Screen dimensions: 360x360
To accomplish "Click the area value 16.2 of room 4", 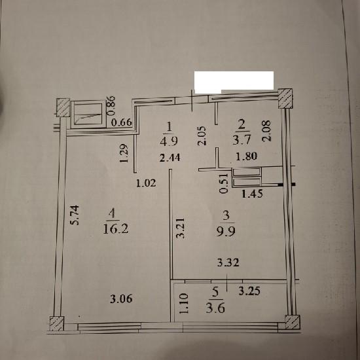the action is pos(116,228).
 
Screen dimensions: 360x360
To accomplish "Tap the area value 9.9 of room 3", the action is pos(226,231).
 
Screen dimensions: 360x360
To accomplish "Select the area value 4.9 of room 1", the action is pos(169,141).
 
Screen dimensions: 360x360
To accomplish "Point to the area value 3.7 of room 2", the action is pos(242,139).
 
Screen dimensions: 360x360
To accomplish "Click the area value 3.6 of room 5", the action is pos(215,308).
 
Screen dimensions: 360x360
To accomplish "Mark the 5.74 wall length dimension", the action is pos(75,215).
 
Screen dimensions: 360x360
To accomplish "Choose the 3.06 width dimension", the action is pos(121,298).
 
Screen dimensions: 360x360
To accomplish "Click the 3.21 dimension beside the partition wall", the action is pos(180,228).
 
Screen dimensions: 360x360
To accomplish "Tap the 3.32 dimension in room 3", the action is pos(228,262).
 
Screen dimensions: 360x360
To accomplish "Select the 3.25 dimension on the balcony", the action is pos(249,291).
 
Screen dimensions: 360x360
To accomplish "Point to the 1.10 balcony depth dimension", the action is pos(184,303).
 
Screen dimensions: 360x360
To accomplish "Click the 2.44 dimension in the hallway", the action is pos(170,158).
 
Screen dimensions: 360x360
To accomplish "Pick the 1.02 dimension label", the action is pos(146,183).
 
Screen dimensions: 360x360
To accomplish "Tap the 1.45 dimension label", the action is pos(252,194).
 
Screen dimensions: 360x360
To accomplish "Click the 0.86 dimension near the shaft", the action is pos(111,105).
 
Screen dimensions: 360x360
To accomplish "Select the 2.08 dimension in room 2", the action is pos(266,131).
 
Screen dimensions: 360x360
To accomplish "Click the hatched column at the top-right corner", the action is pos(285,98).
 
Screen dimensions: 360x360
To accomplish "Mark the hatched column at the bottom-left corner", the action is pos(57,323).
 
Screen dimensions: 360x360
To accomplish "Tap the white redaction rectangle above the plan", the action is pos(234,82).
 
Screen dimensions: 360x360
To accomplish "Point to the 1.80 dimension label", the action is pos(247,156).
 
